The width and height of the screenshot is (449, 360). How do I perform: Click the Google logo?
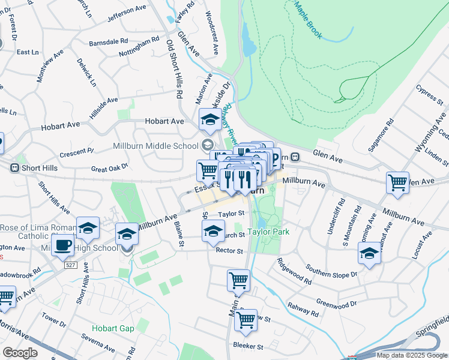point(20,353)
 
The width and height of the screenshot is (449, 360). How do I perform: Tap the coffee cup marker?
point(63,245)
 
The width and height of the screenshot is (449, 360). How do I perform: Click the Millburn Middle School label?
point(155,146)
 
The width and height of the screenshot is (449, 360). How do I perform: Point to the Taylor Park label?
point(268,232)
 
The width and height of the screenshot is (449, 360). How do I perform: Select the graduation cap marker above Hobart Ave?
point(210,120)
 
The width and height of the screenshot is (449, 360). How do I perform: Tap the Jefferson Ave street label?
point(127,14)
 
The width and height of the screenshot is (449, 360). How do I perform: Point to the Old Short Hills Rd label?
point(175,67)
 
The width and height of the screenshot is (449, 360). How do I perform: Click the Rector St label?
point(229,251)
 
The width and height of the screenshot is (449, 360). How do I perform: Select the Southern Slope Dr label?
point(331,270)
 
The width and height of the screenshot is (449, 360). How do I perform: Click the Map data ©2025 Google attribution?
point(411,355)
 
